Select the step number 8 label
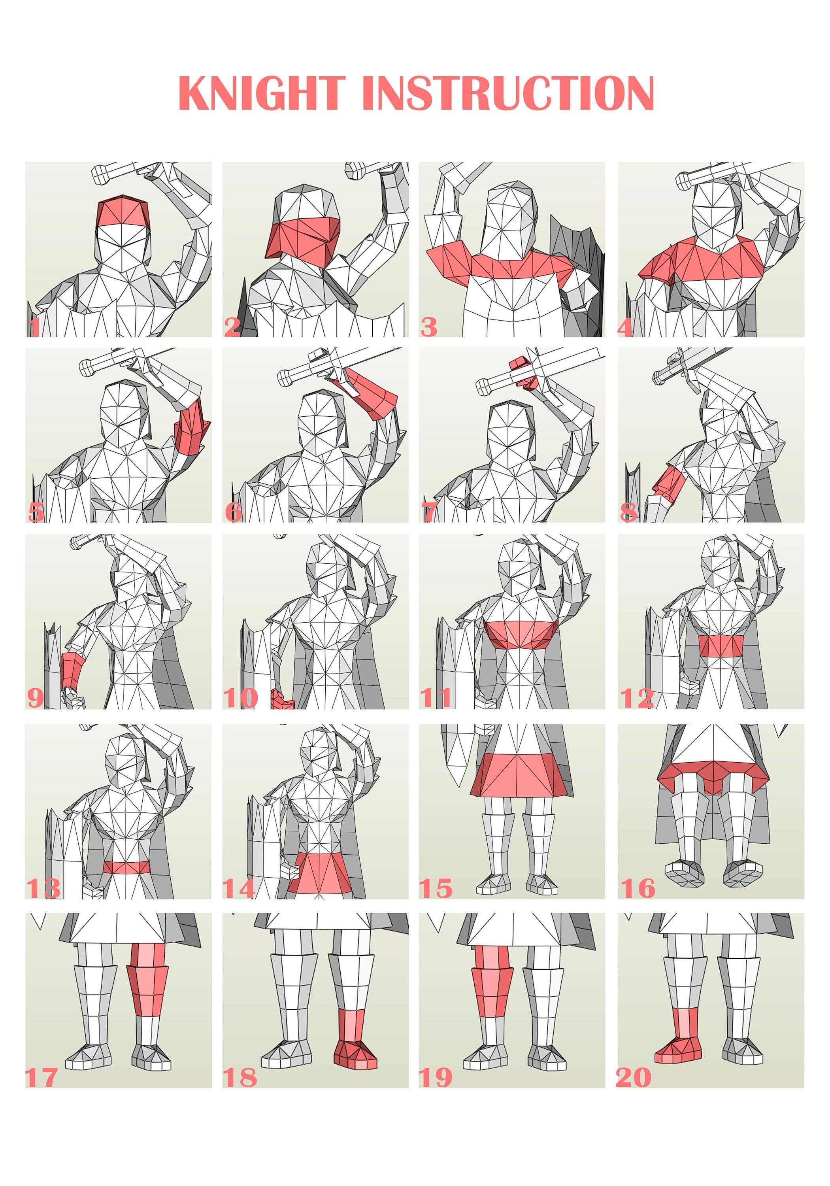tap(628, 512)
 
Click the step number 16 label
tap(638, 888)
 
